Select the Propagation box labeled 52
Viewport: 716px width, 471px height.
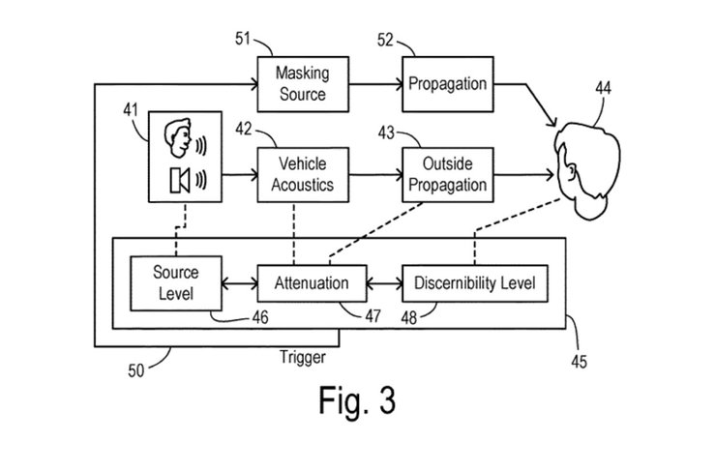[x=445, y=83]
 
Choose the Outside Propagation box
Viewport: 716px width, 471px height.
[x=445, y=175]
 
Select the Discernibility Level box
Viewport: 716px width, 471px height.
[x=474, y=282]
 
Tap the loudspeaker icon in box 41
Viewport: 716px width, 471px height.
[x=179, y=179]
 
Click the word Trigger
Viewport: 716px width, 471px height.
[x=301, y=357]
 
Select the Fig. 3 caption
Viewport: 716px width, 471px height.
[x=357, y=400]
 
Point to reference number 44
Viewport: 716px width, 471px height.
[x=603, y=89]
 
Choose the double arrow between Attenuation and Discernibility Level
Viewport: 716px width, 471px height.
[x=385, y=283]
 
